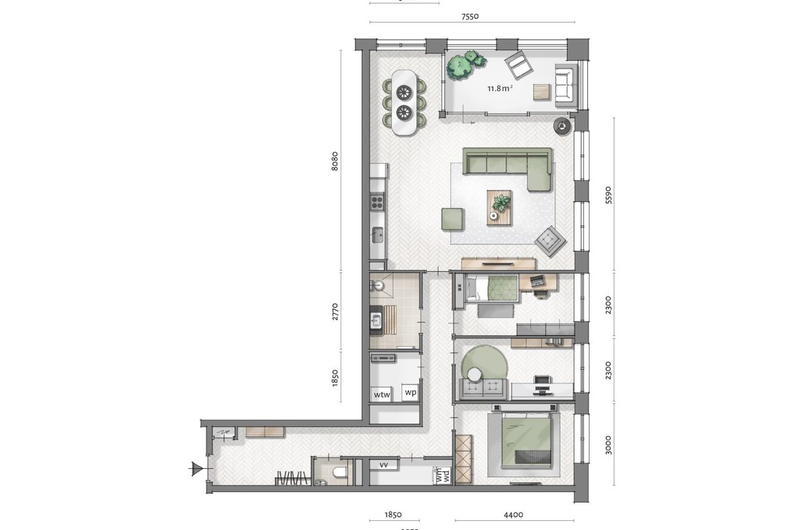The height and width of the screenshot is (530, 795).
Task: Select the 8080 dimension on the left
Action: pyautogui.click(x=335, y=161)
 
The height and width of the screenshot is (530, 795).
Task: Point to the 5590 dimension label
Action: pyautogui.click(x=609, y=194)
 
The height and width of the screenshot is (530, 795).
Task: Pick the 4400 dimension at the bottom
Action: pyautogui.click(x=513, y=515)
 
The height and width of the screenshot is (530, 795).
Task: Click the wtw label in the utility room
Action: pyautogui.click(x=381, y=394)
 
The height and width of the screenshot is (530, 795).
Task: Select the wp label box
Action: pyautogui.click(x=410, y=392)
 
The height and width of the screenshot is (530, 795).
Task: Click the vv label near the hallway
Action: pyautogui.click(x=384, y=465)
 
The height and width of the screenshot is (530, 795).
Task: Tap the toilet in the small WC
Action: pyautogui.click(x=338, y=472)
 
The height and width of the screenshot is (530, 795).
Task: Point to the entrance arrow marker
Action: pyautogui.click(x=195, y=468)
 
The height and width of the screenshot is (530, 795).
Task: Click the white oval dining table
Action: pyautogui.click(x=405, y=102)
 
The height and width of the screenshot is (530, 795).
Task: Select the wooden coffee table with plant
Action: pyautogui.click(x=500, y=207)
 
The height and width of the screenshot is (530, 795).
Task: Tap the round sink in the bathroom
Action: pyautogui.click(x=378, y=285)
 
